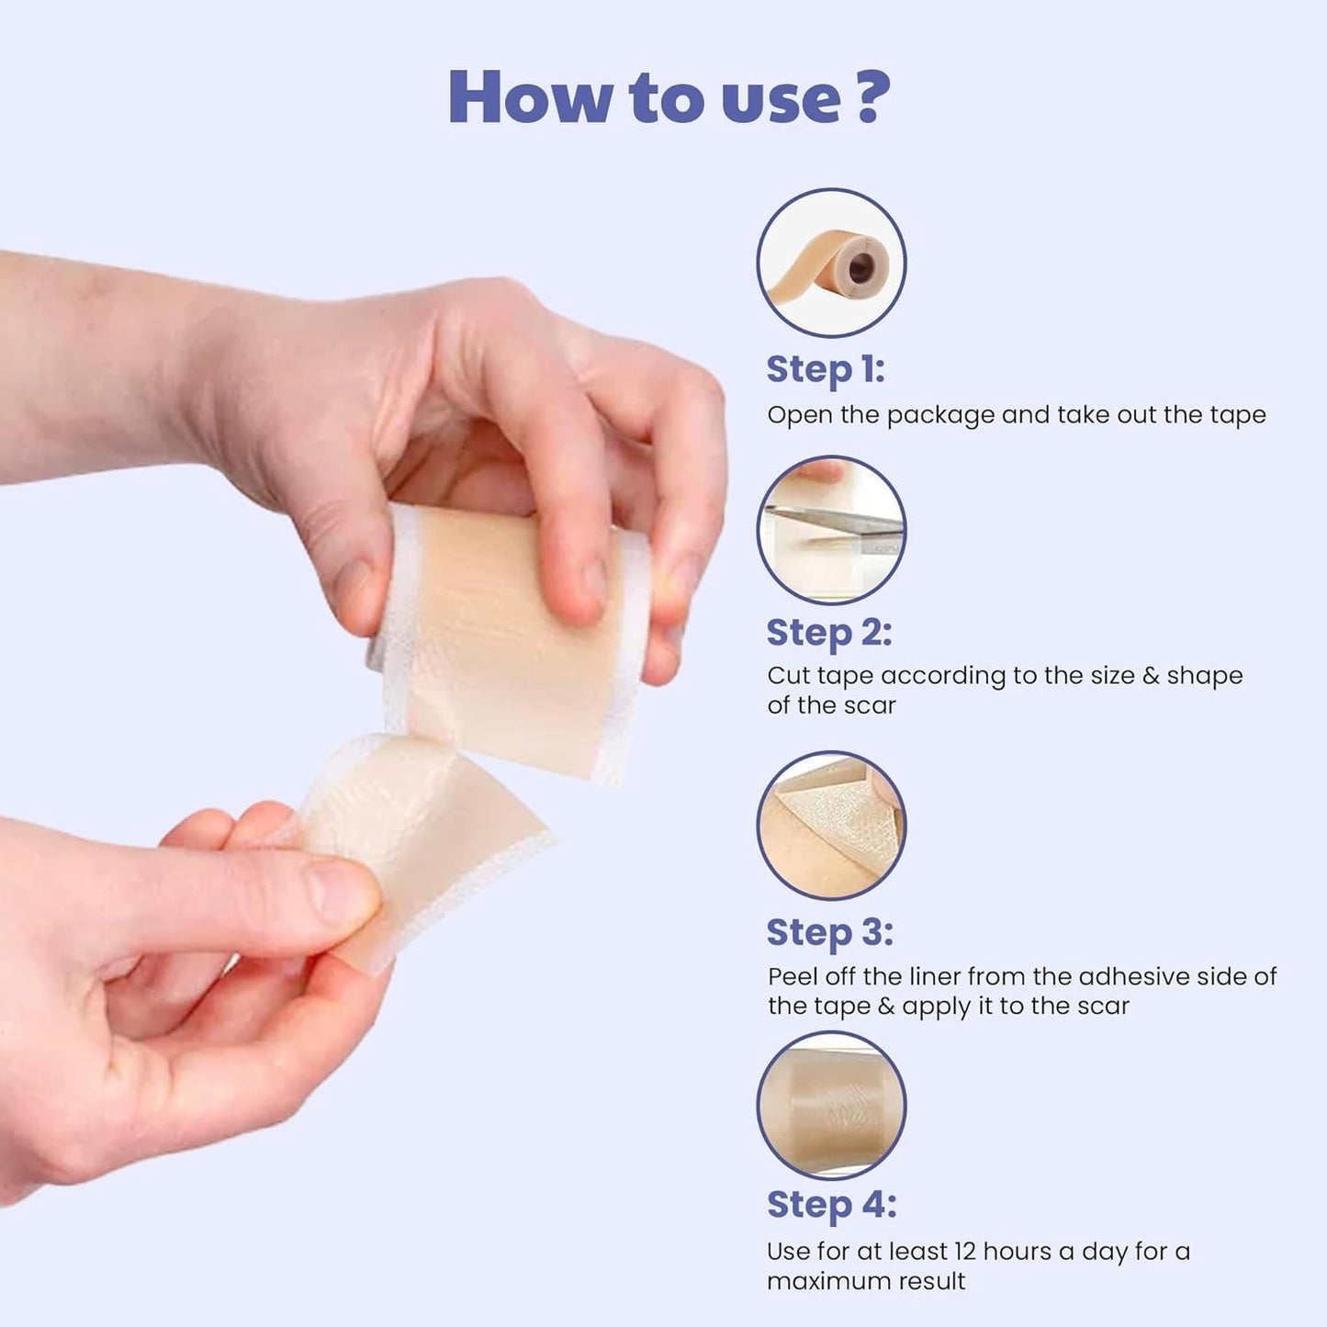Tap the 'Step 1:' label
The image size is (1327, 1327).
click(x=825, y=369)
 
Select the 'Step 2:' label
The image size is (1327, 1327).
click(x=828, y=633)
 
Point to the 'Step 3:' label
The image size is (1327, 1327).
click(x=829, y=932)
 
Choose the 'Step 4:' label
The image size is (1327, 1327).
click(x=831, y=1204)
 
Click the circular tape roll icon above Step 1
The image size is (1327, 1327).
click(x=831, y=263)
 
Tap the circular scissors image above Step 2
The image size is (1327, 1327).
click(x=831, y=530)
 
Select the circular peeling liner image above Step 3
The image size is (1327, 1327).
click(x=831, y=825)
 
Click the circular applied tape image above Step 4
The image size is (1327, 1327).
click(x=831, y=1105)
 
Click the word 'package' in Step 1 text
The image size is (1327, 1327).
click(x=940, y=416)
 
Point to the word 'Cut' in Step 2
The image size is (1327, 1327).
click(x=788, y=676)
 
